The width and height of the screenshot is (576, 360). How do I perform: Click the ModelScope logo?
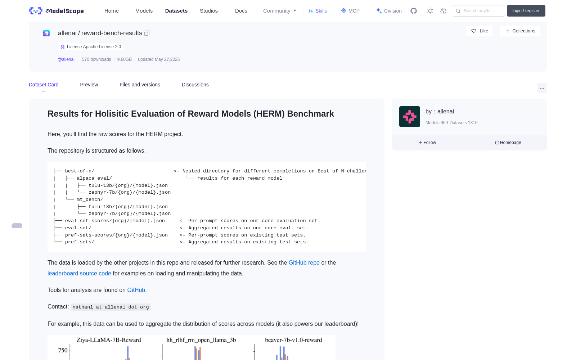56,11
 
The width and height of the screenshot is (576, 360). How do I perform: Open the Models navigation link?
144,11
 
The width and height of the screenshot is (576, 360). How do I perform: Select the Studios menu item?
208,11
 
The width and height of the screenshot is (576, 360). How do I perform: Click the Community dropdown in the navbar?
279,11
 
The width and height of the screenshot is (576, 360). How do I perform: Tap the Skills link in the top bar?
318,11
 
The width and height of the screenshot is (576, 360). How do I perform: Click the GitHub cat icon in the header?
414,11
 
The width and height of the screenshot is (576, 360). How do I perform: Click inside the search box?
478,11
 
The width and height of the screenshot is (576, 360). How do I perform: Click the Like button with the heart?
479,31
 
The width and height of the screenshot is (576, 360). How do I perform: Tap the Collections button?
520,31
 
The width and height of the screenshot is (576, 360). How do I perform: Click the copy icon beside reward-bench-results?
147,33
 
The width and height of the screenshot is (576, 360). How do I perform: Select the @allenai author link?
66,59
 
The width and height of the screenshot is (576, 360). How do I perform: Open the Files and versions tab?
140,85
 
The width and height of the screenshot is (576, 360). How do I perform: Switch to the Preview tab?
89,85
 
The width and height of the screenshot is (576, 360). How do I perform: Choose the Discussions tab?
195,85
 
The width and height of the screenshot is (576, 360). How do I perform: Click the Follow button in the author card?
427,143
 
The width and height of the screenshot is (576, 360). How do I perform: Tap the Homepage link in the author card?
508,143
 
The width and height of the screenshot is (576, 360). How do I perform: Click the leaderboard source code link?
79,273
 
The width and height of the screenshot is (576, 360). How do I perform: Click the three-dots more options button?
542,89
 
